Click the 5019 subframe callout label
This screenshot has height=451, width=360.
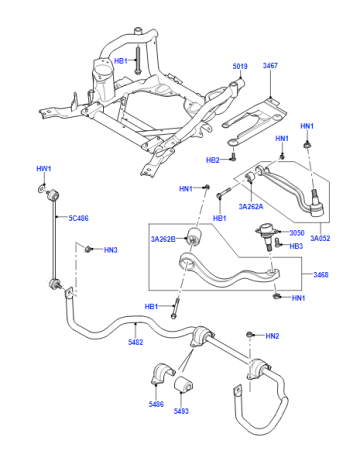240,66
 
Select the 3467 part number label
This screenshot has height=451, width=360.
270,65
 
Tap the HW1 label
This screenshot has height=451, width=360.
44,169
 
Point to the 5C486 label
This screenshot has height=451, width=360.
79,218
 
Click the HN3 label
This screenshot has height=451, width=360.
111,250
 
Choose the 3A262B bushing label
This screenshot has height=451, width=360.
163,239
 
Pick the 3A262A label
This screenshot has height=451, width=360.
251,206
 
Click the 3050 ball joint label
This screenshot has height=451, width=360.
297,233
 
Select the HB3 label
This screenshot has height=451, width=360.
296,246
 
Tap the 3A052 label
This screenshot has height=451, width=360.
320,238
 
